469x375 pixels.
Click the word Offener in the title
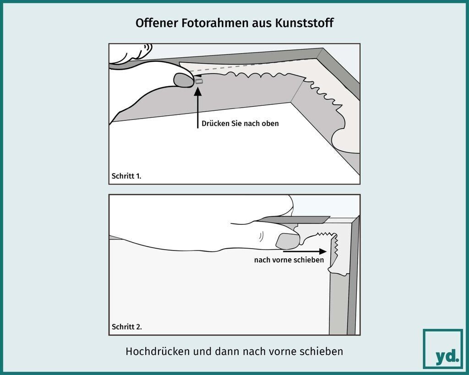[x=157, y=23]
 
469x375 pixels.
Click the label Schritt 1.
[x=126, y=176]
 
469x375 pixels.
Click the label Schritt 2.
[x=126, y=327]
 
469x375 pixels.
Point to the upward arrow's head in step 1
[x=198, y=91]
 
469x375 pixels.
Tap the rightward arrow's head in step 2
[x=323, y=251]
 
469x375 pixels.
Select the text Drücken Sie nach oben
[x=240, y=124]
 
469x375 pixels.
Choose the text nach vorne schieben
[x=289, y=260]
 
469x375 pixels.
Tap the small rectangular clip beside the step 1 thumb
[x=199, y=81]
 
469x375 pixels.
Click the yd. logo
[x=443, y=349]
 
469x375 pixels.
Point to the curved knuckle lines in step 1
[x=147, y=47]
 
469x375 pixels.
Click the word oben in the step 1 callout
[x=271, y=124]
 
